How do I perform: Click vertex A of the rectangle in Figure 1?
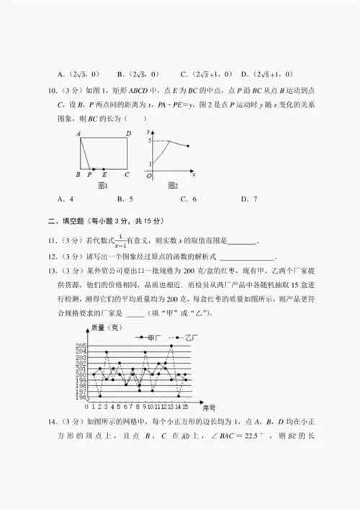(76, 133)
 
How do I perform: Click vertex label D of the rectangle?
(127, 133)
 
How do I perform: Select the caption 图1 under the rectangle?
(102, 186)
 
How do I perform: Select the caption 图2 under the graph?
(173, 186)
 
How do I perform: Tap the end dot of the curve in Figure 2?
(188, 147)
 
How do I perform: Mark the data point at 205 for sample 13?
(171, 346)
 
